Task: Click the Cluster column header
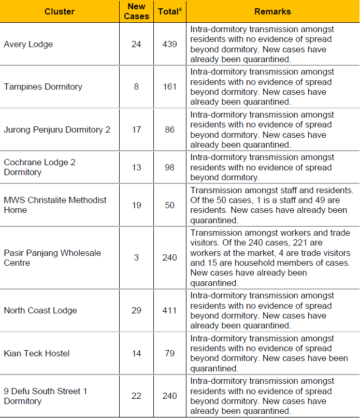tap(60, 11)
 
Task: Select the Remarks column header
tap(272, 11)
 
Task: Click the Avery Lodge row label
tap(28, 45)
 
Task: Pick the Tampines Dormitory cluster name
tap(43, 87)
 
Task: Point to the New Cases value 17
tap(136, 129)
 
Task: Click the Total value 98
tap(170, 167)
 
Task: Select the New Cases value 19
tap(136, 205)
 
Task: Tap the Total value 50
tap(170, 205)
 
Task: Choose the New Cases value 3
tap(136, 257)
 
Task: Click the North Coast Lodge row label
tap(40, 311)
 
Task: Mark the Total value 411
tap(170, 311)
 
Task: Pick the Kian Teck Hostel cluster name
tap(37, 354)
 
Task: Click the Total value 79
tap(170, 354)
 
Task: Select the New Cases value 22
tap(136, 396)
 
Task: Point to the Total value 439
tap(170, 45)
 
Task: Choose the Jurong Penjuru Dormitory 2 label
tap(57, 129)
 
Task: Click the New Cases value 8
tap(136, 87)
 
